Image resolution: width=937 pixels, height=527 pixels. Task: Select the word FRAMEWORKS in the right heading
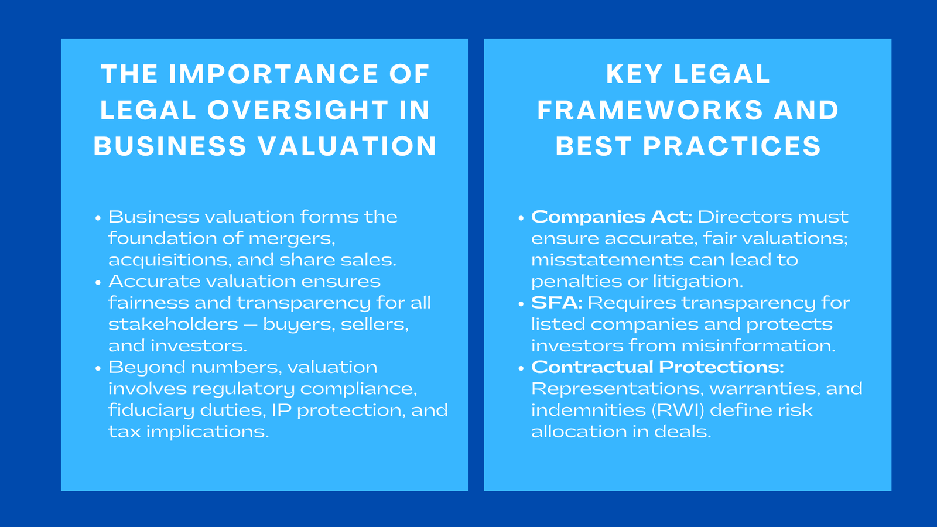650,111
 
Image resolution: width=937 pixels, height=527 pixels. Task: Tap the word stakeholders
173,324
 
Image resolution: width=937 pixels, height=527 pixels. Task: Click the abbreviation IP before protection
281,410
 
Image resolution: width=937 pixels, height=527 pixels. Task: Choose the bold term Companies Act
611,217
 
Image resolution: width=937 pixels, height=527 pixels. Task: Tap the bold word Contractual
592,367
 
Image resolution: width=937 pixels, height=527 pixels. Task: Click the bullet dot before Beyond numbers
98,368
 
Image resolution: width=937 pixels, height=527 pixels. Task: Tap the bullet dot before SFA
521,304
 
